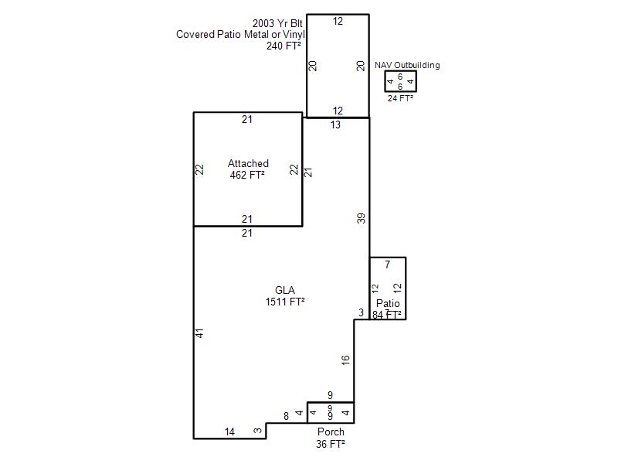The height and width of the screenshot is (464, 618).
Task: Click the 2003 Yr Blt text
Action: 277,24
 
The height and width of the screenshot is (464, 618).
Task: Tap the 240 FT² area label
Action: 284,46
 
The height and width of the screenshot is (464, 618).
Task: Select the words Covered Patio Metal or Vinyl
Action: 240,35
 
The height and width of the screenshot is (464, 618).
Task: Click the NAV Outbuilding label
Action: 407,65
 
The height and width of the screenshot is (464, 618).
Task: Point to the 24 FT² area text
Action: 400,98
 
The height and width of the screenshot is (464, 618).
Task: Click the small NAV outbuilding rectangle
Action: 400,71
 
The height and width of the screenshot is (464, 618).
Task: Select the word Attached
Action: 248,163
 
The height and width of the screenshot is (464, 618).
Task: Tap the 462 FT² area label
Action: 247,175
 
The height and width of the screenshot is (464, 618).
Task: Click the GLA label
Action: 285,291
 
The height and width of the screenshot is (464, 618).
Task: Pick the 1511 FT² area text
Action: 285,302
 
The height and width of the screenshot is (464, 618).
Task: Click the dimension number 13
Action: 335,125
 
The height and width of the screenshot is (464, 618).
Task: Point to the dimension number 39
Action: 361,218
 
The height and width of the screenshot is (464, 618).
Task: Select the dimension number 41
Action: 200,333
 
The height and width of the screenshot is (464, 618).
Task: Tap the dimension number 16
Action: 345,360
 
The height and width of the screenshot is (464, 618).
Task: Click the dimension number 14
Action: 229,432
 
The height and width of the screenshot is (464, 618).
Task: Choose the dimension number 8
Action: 286,416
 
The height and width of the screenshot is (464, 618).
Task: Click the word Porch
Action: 331,432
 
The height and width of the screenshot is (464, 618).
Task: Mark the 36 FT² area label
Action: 331,444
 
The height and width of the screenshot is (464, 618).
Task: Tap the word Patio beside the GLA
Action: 388,303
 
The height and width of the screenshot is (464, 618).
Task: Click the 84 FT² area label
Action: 387,315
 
